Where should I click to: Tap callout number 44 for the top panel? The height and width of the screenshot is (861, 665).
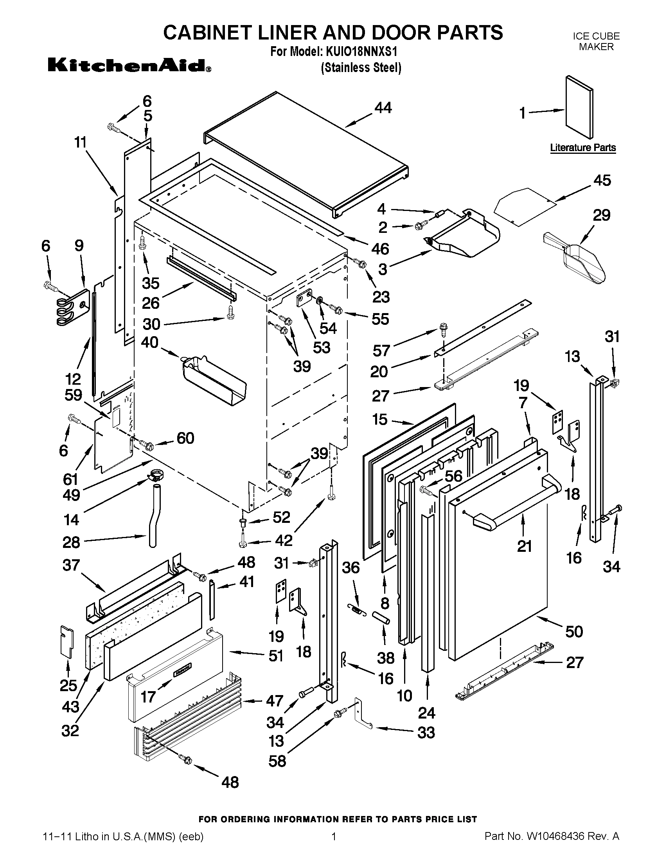(383, 108)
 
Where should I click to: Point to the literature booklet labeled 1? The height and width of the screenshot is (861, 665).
(579, 107)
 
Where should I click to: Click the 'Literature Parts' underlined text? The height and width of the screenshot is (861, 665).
(583, 148)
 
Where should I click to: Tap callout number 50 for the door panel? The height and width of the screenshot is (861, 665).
(574, 632)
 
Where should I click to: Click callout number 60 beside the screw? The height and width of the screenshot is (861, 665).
(185, 438)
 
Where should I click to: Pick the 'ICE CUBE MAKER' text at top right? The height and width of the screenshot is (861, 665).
(596, 41)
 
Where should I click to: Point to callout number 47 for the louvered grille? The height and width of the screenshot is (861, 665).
(275, 701)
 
